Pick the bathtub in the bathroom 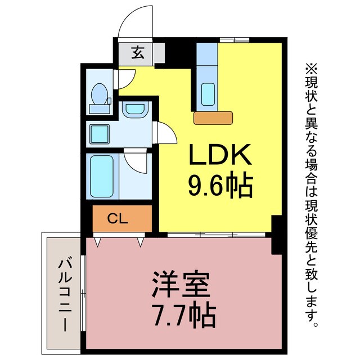102,175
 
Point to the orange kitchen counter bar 213,117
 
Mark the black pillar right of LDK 276,233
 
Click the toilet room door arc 127,79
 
